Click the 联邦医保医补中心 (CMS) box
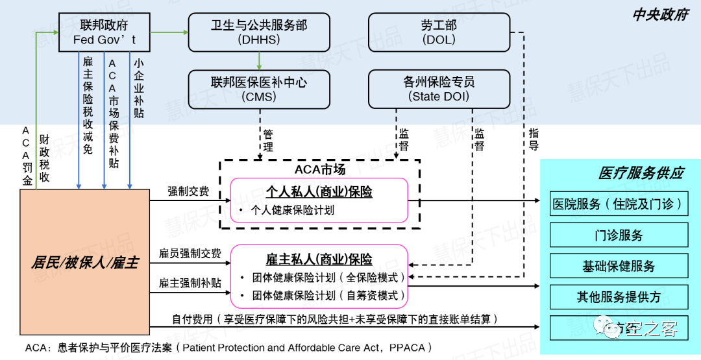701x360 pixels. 258,90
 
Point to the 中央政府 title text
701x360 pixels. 660,15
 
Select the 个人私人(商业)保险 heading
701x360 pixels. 319,192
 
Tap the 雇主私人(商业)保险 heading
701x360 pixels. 319,259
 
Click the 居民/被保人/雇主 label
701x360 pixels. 84,263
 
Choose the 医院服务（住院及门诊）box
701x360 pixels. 618,204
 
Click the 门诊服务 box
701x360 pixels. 618,235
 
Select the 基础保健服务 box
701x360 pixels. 618,266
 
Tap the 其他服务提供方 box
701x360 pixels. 618,297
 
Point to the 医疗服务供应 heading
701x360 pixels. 641,173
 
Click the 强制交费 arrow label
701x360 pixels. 188,191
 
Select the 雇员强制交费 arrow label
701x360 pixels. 190,253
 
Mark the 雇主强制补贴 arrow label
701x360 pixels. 190,283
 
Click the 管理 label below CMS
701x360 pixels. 268,141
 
